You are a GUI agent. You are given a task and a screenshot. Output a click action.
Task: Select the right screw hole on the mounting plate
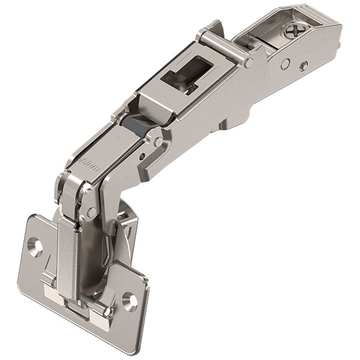click(x=128, y=298)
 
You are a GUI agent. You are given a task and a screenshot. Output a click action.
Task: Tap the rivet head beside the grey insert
click(x=158, y=142)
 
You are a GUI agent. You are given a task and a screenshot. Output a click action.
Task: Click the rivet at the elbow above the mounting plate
click(x=91, y=212)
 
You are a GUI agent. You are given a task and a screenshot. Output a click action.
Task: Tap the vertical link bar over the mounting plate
click(x=69, y=252)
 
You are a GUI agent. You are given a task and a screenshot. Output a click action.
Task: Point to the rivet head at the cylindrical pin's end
click(x=248, y=62)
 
